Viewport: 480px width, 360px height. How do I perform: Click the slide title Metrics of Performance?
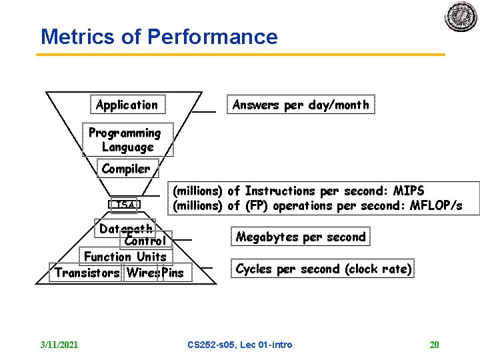(x=159, y=37)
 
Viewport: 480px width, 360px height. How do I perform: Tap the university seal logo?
(x=461, y=17)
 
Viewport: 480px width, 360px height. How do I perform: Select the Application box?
(x=127, y=105)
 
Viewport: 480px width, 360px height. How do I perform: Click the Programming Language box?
(x=127, y=140)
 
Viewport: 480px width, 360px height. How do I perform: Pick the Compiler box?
(x=126, y=169)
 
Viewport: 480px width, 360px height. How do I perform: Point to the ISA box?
(x=124, y=205)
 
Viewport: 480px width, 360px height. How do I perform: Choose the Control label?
(x=145, y=241)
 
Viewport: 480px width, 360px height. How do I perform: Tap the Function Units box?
(x=125, y=257)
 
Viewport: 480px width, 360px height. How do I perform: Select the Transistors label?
(x=87, y=273)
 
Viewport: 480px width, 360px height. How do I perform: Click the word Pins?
(x=173, y=273)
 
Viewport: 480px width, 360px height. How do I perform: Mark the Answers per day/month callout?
(x=300, y=105)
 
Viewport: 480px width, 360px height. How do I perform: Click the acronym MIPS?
(x=409, y=191)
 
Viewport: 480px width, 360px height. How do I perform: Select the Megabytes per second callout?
(x=301, y=237)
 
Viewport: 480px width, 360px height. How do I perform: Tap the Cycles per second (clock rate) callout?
(x=323, y=269)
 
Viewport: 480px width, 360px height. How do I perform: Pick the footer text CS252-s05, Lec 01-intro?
(x=240, y=345)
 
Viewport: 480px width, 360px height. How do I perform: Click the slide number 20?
(x=435, y=345)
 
